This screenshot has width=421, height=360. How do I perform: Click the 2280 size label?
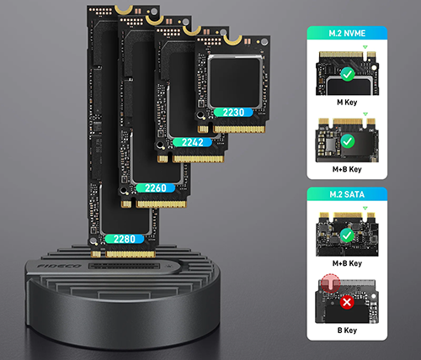click(125, 239)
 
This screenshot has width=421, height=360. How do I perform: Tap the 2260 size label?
click(156, 188)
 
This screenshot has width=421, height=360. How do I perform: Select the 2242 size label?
click(192, 142)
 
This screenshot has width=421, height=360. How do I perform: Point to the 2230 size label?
click(233, 112)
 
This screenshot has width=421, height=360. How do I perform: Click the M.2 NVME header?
click(347, 34)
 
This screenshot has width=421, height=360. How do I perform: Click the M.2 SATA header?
click(347, 194)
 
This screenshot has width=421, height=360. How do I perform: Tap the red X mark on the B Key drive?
click(347, 302)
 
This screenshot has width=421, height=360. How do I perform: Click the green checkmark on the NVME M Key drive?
click(348, 74)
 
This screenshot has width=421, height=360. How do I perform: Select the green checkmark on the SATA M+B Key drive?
click(347, 236)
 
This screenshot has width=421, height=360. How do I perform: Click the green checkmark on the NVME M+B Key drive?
click(348, 141)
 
